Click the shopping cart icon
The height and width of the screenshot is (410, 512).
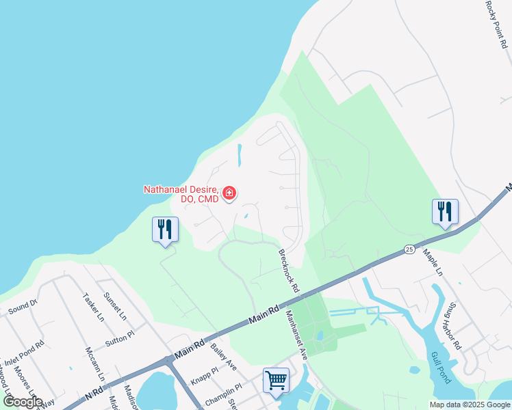(276, 379)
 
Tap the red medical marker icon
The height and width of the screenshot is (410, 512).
(229, 193)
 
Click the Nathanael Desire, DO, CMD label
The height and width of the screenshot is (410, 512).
(181, 194)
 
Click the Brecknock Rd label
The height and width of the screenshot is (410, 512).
(289, 271)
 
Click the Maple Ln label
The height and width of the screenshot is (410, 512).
(433, 262)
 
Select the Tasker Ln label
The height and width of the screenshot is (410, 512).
(92, 307)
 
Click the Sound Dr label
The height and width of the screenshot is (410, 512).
(23, 306)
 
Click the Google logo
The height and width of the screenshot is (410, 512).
(23, 401)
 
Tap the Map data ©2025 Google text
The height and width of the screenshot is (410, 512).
(470, 405)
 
